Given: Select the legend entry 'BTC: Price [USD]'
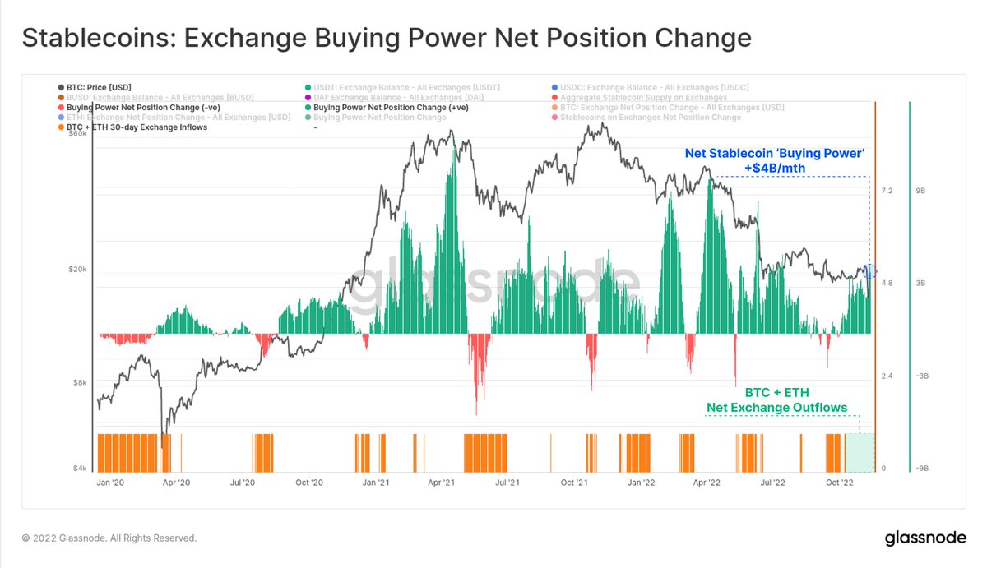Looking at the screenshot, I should click(99, 87).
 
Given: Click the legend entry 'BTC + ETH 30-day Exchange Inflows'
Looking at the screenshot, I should click(137, 127).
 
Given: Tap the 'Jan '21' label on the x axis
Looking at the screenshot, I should click(375, 483).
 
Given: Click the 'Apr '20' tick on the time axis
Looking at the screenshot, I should click(177, 483).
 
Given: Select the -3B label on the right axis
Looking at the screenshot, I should click(922, 376).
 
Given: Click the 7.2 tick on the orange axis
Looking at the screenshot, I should click(887, 191).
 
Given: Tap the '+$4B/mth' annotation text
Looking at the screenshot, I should click(773, 168).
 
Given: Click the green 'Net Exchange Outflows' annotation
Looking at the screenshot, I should click(776, 408).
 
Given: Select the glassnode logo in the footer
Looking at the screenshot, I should click(924, 538).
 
